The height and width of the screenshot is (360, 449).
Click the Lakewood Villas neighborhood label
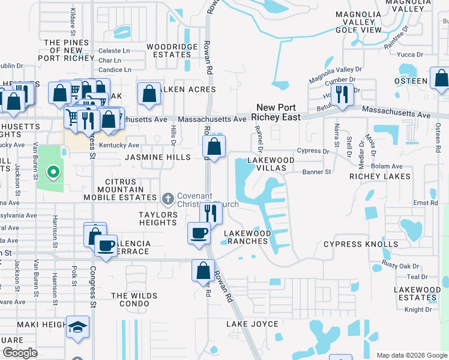(x=272, y=164)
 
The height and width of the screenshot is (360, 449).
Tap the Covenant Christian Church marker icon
(x=169, y=198)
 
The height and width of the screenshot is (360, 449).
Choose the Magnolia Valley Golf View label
(x=358, y=22)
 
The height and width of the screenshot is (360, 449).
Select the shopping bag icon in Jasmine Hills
(x=214, y=146)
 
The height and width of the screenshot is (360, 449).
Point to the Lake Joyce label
(x=252, y=324)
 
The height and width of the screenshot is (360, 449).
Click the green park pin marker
(x=53, y=174)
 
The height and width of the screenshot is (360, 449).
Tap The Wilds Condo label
(x=134, y=299)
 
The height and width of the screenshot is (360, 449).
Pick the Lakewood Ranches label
(x=246, y=237)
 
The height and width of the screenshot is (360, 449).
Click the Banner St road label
(x=320, y=172)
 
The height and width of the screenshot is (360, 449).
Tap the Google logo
(x=20, y=353)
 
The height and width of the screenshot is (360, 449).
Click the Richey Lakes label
(x=380, y=176)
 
